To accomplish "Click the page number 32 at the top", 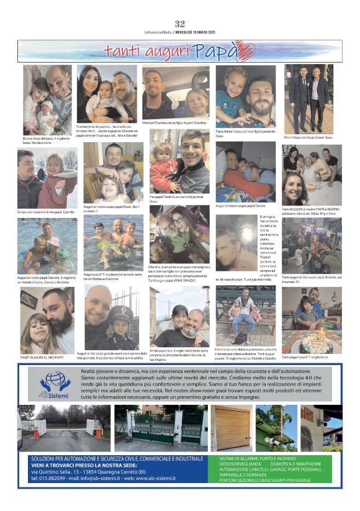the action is pos(180,24).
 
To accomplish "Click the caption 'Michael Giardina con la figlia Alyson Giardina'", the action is pos(174,123).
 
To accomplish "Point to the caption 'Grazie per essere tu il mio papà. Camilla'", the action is pos(45,212).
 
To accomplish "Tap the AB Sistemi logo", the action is pos(55,384).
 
